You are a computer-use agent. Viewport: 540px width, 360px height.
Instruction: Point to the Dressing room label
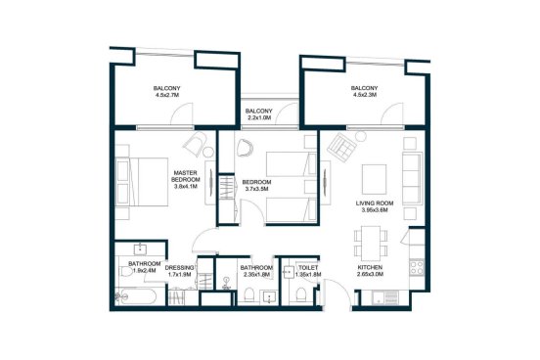click(179, 268)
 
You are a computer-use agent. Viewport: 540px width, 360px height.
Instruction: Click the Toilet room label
click(308, 268)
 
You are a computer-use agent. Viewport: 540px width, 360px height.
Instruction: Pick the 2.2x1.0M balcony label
click(258, 114)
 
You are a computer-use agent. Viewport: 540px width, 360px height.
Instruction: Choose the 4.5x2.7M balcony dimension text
click(166, 94)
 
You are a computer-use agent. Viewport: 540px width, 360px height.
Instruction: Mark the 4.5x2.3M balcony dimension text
click(364, 94)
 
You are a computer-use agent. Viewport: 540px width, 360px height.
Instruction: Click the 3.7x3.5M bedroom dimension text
click(256, 189)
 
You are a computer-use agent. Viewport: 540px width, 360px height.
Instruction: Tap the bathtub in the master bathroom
click(137, 296)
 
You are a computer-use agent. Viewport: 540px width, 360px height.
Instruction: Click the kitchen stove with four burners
click(417, 267)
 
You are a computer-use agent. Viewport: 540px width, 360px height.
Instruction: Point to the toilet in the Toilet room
click(300, 295)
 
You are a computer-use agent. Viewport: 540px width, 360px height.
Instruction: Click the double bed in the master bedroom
click(142, 182)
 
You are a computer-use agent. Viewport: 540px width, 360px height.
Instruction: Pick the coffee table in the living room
click(374, 179)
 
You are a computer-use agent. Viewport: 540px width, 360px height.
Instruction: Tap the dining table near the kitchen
click(371, 244)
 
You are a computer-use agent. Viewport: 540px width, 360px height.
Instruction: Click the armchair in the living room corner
click(342, 147)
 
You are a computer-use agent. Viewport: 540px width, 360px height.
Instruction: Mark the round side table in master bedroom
click(208, 152)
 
